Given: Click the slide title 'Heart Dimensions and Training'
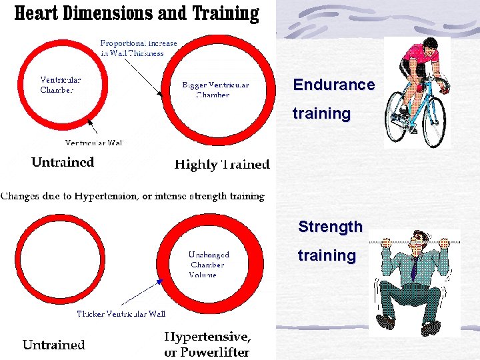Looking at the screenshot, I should (x=137, y=13).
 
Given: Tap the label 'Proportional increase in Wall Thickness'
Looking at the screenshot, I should (x=139, y=48).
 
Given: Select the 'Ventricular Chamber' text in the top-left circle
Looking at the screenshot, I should (x=61, y=85).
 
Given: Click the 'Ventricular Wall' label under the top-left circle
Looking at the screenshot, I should (x=94, y=143).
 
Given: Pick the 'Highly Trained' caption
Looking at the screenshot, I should (x=221, y=165).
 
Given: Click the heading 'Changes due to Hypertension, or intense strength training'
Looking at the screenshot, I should (x=133, y=196).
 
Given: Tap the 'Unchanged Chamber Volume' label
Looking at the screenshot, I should (x=209, y=264).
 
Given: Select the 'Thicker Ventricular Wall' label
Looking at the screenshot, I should (x=121, y=313).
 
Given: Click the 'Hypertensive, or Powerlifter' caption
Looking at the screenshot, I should (x=207, y=345).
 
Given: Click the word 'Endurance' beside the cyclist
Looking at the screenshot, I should (x=333, y=85).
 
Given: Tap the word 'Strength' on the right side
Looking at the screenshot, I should (x=330, y=227).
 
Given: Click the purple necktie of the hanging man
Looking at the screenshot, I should (x=414, y=269).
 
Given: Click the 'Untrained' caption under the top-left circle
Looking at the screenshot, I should (x=63, y=162).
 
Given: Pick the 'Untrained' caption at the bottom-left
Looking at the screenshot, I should (x=54, y=345).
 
